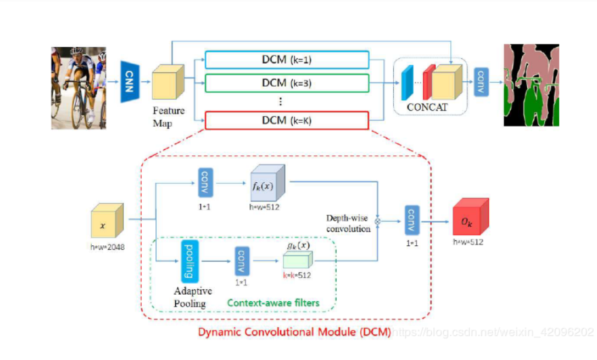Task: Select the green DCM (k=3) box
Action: click(x=286, y=83)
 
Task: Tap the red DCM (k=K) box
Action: click(x=286, y=120)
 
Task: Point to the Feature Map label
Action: click(x=169, y=116)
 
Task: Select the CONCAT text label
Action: click(x=427, y=108)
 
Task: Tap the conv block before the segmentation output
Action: click(x=481, y=82)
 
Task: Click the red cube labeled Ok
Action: click(x=470, y=218)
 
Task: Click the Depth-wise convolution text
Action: click(x=348, y=223)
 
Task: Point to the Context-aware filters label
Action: click(x=273, y=302)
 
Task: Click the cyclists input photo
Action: click(x=79, y=88)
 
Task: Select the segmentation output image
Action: click(x=531, y=85)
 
